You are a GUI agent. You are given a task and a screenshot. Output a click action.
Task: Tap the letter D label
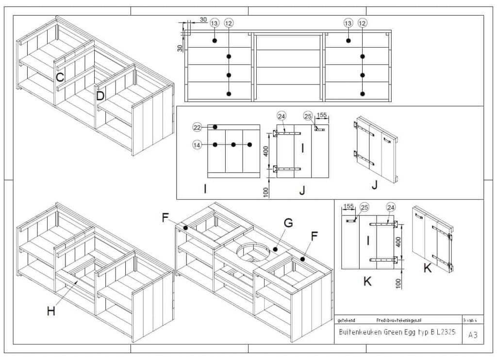tap(100, 96)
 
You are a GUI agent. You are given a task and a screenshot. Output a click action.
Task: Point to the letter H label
tap(51, 311)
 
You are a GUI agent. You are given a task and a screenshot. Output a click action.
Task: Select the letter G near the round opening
tap(288, 223)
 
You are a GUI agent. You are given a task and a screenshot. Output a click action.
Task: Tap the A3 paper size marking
tap(472, 335)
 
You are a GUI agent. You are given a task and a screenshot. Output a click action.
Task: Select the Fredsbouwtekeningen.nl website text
tap(399, 320)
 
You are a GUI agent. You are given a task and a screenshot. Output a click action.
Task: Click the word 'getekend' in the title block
tap(347, 320)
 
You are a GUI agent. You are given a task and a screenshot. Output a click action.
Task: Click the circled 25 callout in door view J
tap(307, 116)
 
